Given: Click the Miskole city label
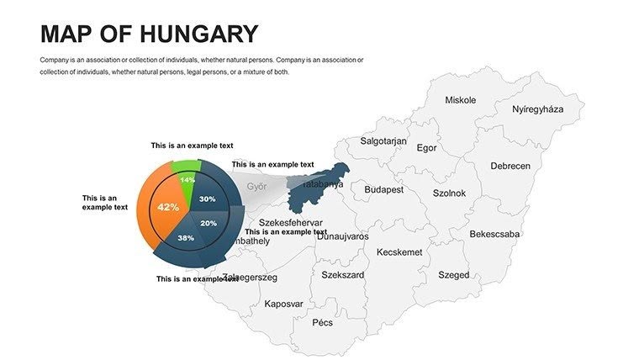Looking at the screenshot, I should (x=460, y=100).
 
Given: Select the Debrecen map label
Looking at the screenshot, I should (x=510, y=166).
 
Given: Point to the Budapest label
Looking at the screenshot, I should (x=383, y=190).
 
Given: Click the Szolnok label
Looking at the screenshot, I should (x=449, y=193).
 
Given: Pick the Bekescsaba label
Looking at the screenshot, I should (x=494, y=234).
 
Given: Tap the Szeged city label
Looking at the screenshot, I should (x=454, y=275).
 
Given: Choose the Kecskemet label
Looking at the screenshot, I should (x=399, y=252).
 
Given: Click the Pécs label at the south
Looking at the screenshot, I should (x=322, y=322).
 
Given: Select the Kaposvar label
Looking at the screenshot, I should (x=283, y=304).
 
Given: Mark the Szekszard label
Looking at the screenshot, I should (x=343, y=275).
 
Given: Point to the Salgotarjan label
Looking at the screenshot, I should (x=383, y=141).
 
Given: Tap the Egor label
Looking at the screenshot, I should (x=427, y=148).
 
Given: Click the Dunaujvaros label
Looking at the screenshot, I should (x=342, y=236).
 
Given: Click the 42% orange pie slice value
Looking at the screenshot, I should (x=168, y=207).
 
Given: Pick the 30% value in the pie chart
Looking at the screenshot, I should (x=208, y=199).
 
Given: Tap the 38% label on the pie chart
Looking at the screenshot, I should (x=186, y=238).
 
